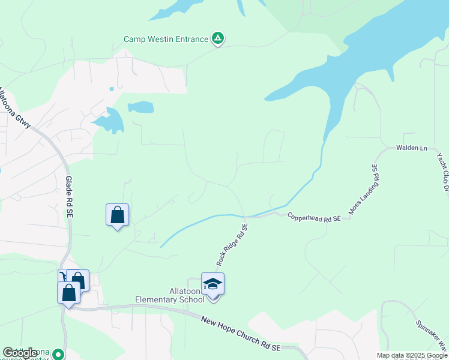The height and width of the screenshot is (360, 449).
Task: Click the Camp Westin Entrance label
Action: (x=166, y=39)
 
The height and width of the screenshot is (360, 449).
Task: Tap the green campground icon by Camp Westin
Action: (x=218, y=40)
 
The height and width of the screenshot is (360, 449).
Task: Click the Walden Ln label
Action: (x=411, y=148)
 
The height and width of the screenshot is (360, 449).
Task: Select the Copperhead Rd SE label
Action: (x=313, y=217)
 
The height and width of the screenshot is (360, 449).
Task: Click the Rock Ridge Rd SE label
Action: (x=232, y=245)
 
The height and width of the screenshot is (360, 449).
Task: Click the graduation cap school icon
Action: (x=212, y=284)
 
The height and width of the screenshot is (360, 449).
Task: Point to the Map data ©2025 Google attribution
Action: (x=412, y=355)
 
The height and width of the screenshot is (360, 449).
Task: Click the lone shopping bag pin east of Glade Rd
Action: (x=117, y=215)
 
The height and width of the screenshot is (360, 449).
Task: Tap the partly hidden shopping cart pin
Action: (x=62, y=276)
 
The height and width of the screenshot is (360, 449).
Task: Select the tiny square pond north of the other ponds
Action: (x=112, y=89)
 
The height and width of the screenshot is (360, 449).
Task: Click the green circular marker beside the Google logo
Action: (x=58, y=355)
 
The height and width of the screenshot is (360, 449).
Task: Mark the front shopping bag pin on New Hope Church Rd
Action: (x=68, y=293)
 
